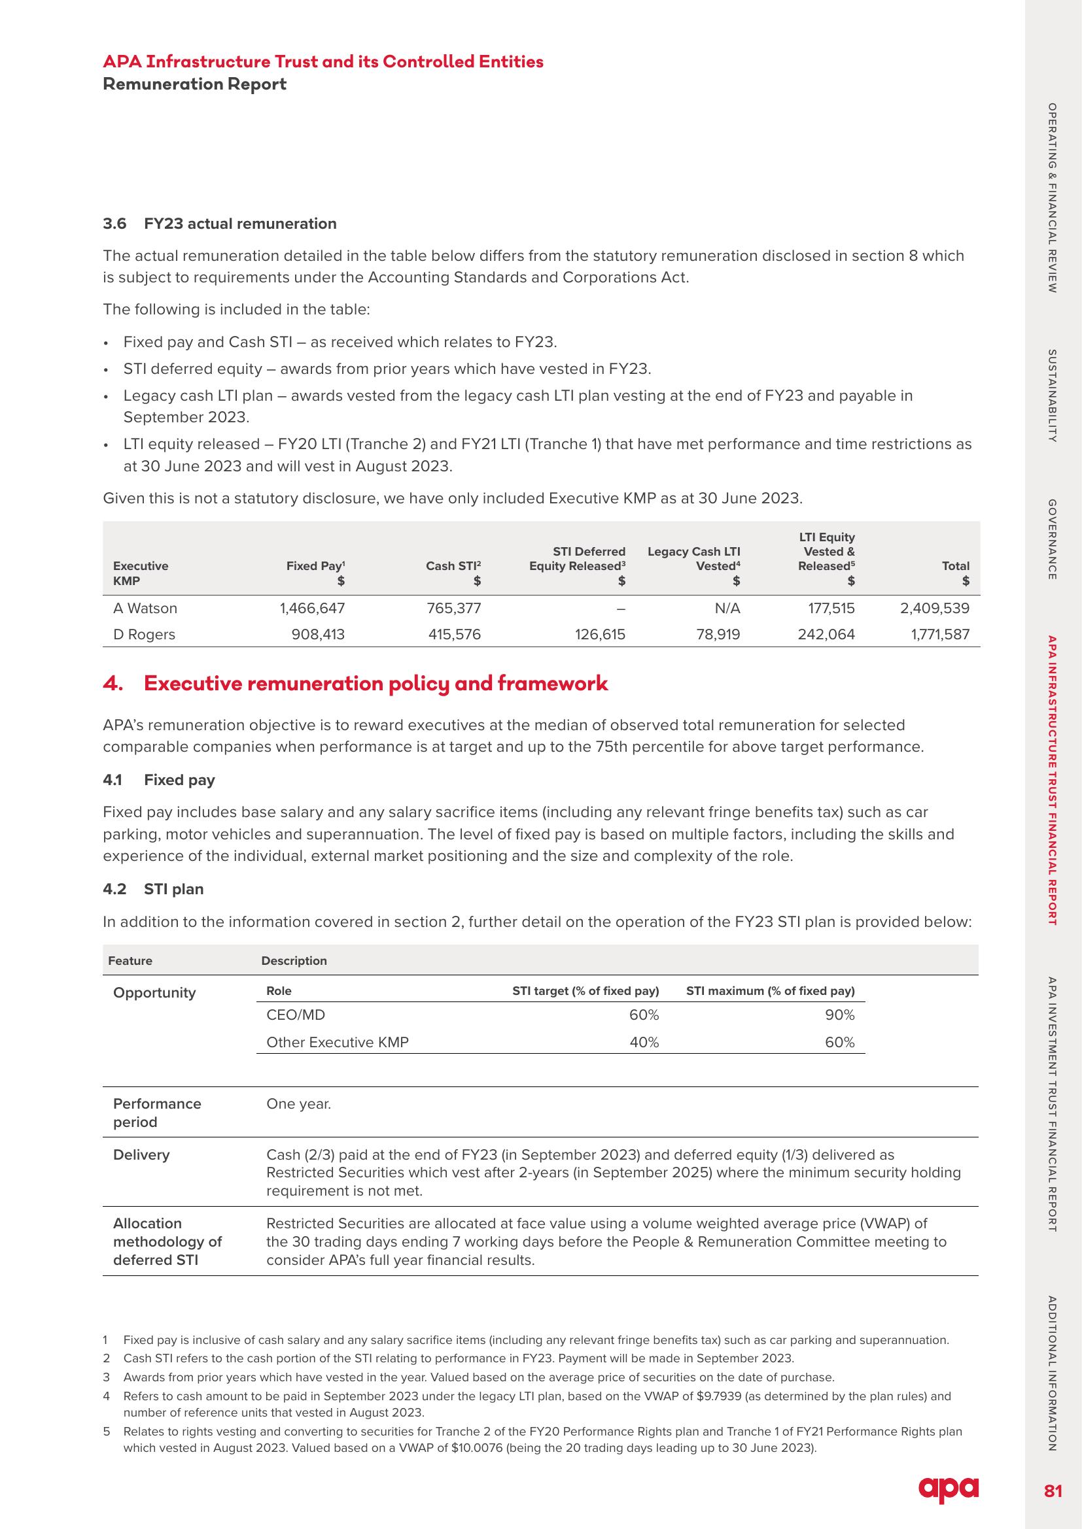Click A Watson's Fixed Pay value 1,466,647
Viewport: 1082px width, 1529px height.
coord(312,608)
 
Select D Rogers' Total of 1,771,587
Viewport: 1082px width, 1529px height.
coord(940,634)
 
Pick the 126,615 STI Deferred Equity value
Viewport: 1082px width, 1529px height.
coord(600,634)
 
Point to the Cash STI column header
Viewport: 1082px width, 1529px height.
coord(453,566)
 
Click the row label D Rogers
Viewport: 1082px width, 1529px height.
coord(144,634)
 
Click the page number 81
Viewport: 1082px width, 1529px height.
coord(1053,1491)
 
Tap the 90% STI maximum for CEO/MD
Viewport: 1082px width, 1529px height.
coord(839,1015)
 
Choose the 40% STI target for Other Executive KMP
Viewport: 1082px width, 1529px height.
coord(644,1042)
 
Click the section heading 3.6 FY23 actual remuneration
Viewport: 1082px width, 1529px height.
coord(219,224)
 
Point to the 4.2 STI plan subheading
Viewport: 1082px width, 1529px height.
coord(153,889)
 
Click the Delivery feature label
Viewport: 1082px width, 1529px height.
coord(141,1154)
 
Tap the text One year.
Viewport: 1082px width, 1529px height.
coord(298,1103)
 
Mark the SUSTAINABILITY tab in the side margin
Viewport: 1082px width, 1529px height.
coord(1052,395)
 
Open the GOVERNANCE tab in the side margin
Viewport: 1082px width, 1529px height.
coord(1052,539)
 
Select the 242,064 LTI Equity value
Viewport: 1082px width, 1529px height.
coord(826,634)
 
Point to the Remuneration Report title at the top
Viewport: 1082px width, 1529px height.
coord(194,84)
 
